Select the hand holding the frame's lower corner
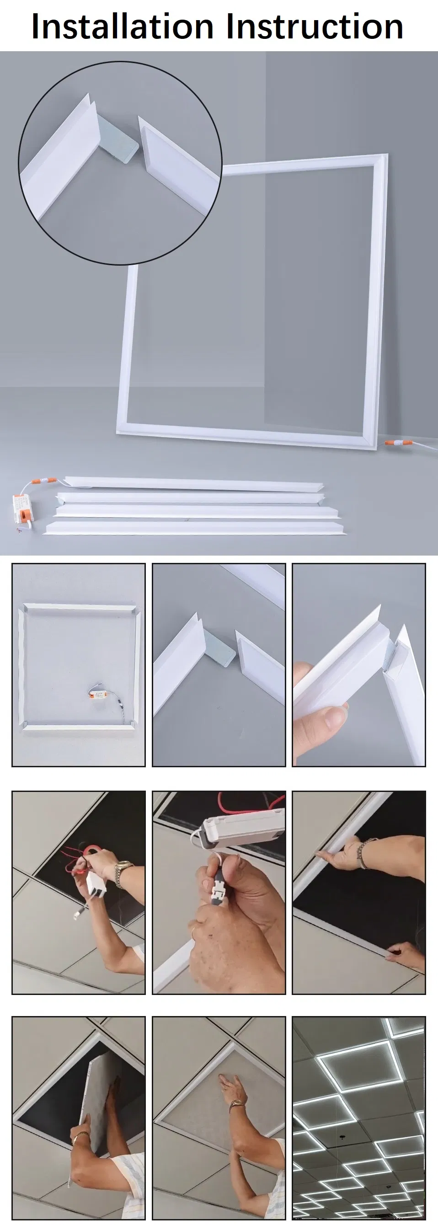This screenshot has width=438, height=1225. tap(402, 951)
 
